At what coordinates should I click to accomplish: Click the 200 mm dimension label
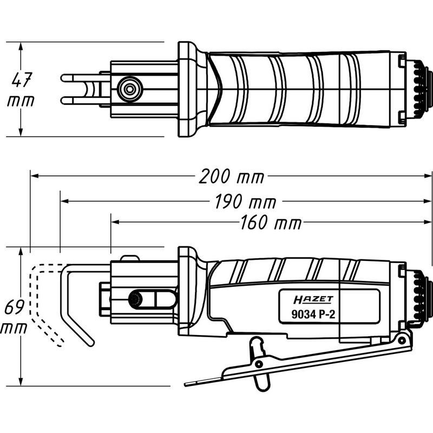pos(231,176)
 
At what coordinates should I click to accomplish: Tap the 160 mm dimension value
pos(268,222)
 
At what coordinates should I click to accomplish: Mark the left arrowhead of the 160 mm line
pos(114,222)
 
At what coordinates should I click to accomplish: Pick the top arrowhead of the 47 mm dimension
pos(21,45)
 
